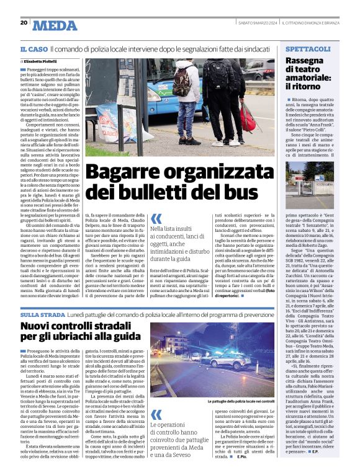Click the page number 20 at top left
coord(24,23)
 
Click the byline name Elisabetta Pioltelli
coord(43,62)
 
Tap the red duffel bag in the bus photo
coord(248,115)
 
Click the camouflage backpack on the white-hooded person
coord(182,81)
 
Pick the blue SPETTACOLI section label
coord(308,48)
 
